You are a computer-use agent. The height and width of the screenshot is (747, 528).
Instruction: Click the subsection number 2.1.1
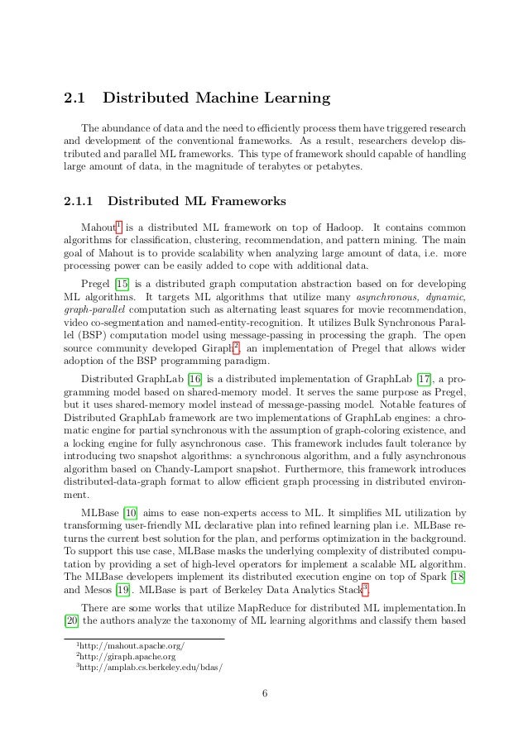(80, 201)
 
